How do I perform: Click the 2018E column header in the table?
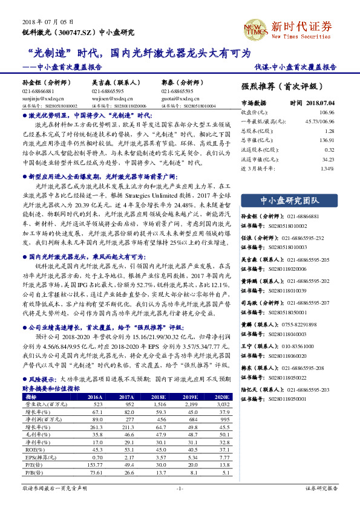click(160, 397)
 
